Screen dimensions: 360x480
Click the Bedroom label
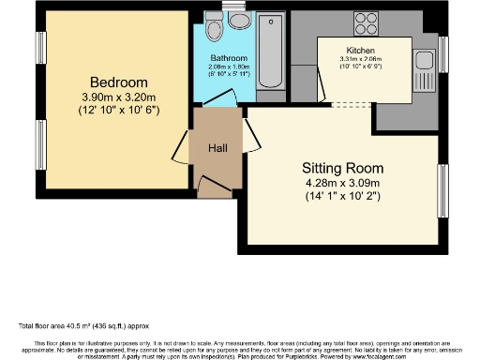point(112,81)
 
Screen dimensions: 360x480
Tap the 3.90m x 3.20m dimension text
point(112,96)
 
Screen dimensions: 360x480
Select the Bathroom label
point(228,58)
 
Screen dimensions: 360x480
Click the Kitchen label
point(360,50)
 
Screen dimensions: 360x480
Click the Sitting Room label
point(343,168)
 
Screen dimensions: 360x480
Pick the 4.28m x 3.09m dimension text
point(343,183)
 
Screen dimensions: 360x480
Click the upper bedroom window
point(40,47)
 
